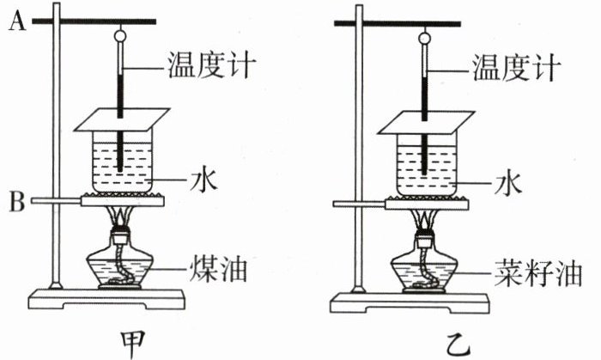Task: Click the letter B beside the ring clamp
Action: click(x=14, y=203)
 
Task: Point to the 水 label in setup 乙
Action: click(x=513, y=180)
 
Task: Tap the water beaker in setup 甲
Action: click(x=123, y=163)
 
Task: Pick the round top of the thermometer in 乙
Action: click(x=424, y=37)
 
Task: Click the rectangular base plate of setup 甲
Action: click(x=109, y=300)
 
